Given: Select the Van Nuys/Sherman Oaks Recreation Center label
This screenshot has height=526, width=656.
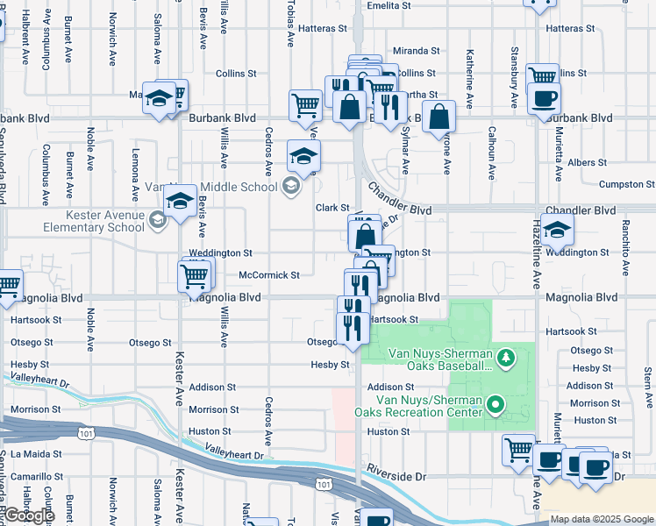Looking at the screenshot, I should coord(417,406).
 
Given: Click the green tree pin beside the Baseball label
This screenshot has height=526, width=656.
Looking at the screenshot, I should coord(505,357).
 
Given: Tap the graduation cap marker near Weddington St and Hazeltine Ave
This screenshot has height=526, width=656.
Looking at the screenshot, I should coord(557,231).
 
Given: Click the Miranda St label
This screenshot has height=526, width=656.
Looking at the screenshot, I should coord(416,51).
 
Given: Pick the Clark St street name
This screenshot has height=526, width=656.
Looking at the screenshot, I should coord(333,208).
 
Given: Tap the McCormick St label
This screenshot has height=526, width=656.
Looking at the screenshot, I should coord(269,274).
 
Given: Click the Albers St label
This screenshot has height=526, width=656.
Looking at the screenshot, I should coord(587,162).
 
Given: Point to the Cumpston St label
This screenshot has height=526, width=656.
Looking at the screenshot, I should coord(626,184).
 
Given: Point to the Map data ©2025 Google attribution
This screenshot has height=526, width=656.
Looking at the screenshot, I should coord(601,519).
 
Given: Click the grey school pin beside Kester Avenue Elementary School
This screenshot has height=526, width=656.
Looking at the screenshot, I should coord(157,219).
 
